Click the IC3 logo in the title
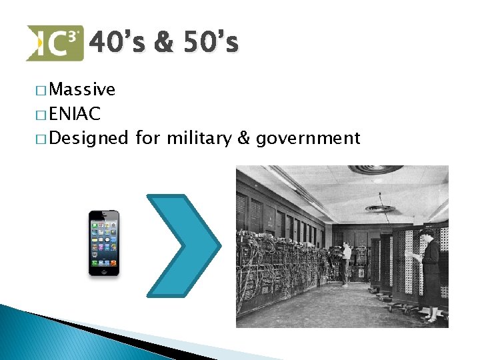pyautogui.click(x=55, y=43)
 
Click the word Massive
pyautogui.click(x=82, y=89)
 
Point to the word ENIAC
pyautogui.click(x=75, y=114)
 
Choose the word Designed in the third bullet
pyautogui.click(x=89, y=139)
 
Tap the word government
pyautogui.click(x=308, y=139)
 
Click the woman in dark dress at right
pyautogui.click(x=430, y=270)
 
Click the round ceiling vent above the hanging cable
pyautogui.click(x=380, y=209)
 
